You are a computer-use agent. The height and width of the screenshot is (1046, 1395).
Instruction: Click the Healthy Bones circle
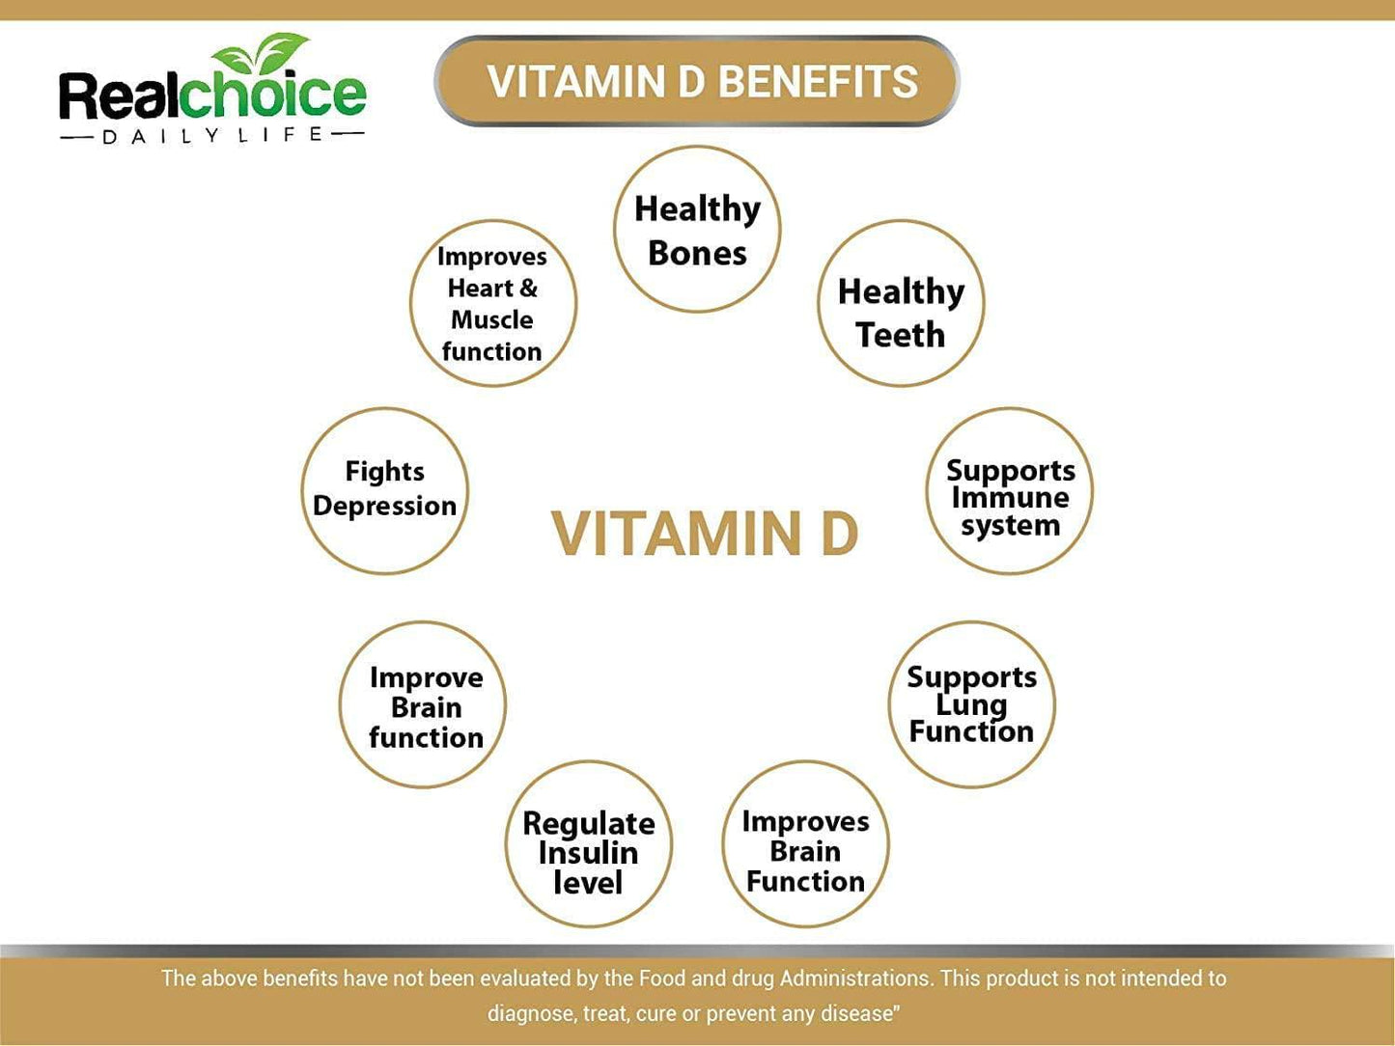point(697,230)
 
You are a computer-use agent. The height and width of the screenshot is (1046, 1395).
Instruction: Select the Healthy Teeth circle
point(901,303)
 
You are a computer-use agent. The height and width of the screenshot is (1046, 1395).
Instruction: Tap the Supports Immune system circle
point(1010,491)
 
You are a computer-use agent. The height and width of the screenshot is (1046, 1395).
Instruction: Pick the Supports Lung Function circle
point(971,704)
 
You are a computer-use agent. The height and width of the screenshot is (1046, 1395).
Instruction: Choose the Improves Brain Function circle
point(805,845)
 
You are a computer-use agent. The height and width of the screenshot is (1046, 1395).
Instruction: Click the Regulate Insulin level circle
point(588,845)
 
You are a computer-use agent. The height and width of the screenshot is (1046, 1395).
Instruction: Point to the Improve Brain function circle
point(423,704)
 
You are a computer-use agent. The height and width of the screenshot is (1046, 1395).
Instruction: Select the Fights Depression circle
point(385,491)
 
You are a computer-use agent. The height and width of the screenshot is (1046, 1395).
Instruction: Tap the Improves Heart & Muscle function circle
point(493,303)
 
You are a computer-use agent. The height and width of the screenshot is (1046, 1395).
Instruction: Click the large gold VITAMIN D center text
point(705,534)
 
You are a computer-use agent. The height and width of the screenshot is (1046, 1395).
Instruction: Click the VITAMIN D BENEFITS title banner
point(698,81)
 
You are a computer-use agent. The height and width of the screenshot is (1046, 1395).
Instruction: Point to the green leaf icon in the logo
point(261,53)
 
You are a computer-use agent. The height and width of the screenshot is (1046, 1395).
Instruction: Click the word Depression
point(385,507)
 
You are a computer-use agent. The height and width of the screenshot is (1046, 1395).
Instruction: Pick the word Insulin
point(588,853)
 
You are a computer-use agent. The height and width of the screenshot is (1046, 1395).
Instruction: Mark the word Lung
point(971,704)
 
